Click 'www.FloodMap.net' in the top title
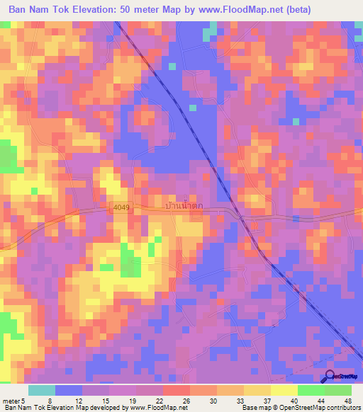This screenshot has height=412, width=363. pos(235,9)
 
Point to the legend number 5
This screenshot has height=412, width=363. pos(23,400)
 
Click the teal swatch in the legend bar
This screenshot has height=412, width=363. pos(42,390)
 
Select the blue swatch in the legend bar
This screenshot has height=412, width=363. pos(69,390)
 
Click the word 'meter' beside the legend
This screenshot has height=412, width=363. pos(11,400)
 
